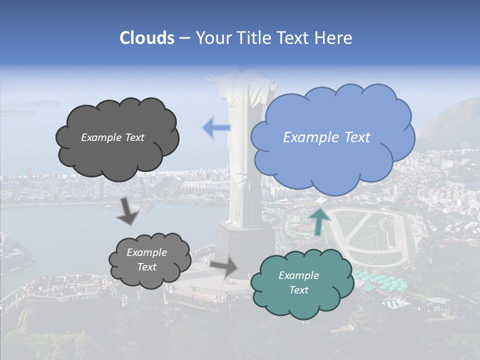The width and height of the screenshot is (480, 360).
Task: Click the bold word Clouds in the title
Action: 147,38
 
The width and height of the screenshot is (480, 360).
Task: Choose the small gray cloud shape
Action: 149,260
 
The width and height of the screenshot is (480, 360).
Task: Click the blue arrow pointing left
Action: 216,127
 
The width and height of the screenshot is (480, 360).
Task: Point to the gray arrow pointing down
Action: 128,211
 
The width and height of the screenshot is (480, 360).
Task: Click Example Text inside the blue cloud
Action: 326,137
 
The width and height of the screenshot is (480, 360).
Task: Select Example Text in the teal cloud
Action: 298,282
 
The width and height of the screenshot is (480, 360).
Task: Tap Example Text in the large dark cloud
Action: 112,137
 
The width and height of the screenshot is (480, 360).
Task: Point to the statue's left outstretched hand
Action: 212,78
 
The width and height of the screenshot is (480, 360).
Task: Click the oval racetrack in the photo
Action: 372,235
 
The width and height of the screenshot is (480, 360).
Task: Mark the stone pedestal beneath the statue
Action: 244,247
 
